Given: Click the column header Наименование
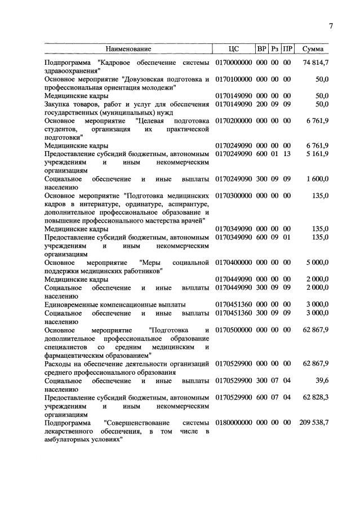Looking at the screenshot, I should coord(128,49).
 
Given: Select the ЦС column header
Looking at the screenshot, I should coord(234,49).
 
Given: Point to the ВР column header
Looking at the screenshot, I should coord(261,49).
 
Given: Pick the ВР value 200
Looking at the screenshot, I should coord(261,104).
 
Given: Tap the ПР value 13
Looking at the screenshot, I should coord(287,154).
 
